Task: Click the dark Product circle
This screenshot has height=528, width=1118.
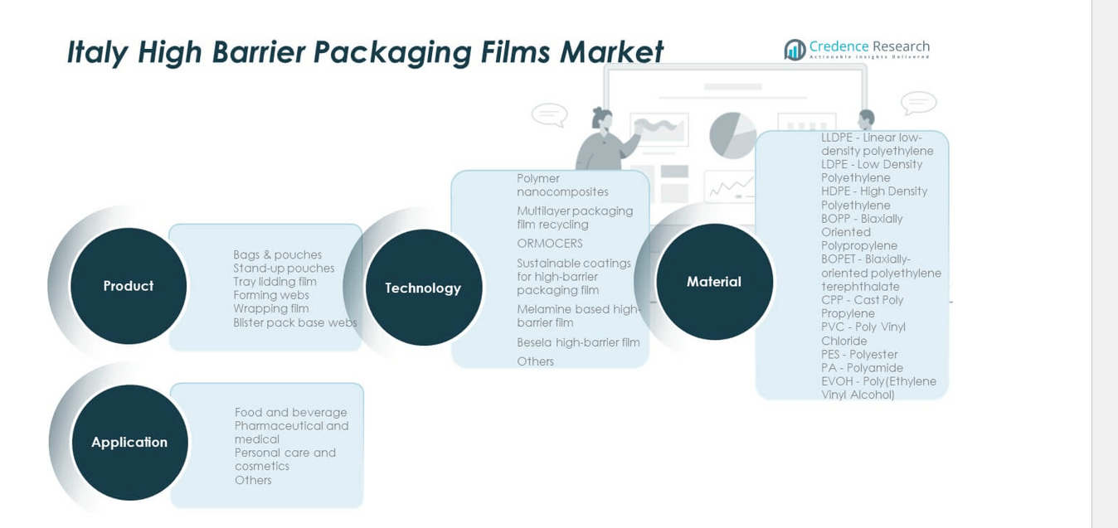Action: point(129,286)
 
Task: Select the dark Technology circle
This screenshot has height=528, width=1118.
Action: point(423,288)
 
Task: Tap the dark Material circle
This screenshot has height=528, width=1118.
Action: point(714,282)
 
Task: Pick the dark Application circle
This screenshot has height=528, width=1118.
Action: point(129,442)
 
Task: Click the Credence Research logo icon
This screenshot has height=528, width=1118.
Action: point(795,50)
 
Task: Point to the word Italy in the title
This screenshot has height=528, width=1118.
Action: point(97,51)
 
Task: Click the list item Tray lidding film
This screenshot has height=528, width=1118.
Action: point(275,282)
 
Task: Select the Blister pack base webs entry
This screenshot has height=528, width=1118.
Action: point(294,322)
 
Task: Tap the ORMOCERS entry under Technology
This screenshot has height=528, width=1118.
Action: point(550,244)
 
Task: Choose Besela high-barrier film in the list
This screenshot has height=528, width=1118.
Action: point(578,342)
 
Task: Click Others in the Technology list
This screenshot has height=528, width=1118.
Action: point(535,361)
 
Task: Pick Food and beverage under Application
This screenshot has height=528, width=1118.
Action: point(290,413)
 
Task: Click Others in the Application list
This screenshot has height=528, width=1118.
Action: point(253,480)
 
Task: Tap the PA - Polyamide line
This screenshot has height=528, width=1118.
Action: point(862,368)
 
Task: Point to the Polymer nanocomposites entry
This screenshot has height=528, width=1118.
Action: point(562,185)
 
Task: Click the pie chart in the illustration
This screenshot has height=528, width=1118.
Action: point(732,135)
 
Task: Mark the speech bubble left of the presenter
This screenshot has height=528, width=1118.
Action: point(549,114)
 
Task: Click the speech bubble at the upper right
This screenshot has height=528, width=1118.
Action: point(918,103)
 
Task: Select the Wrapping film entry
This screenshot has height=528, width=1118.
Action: point(270,308)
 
